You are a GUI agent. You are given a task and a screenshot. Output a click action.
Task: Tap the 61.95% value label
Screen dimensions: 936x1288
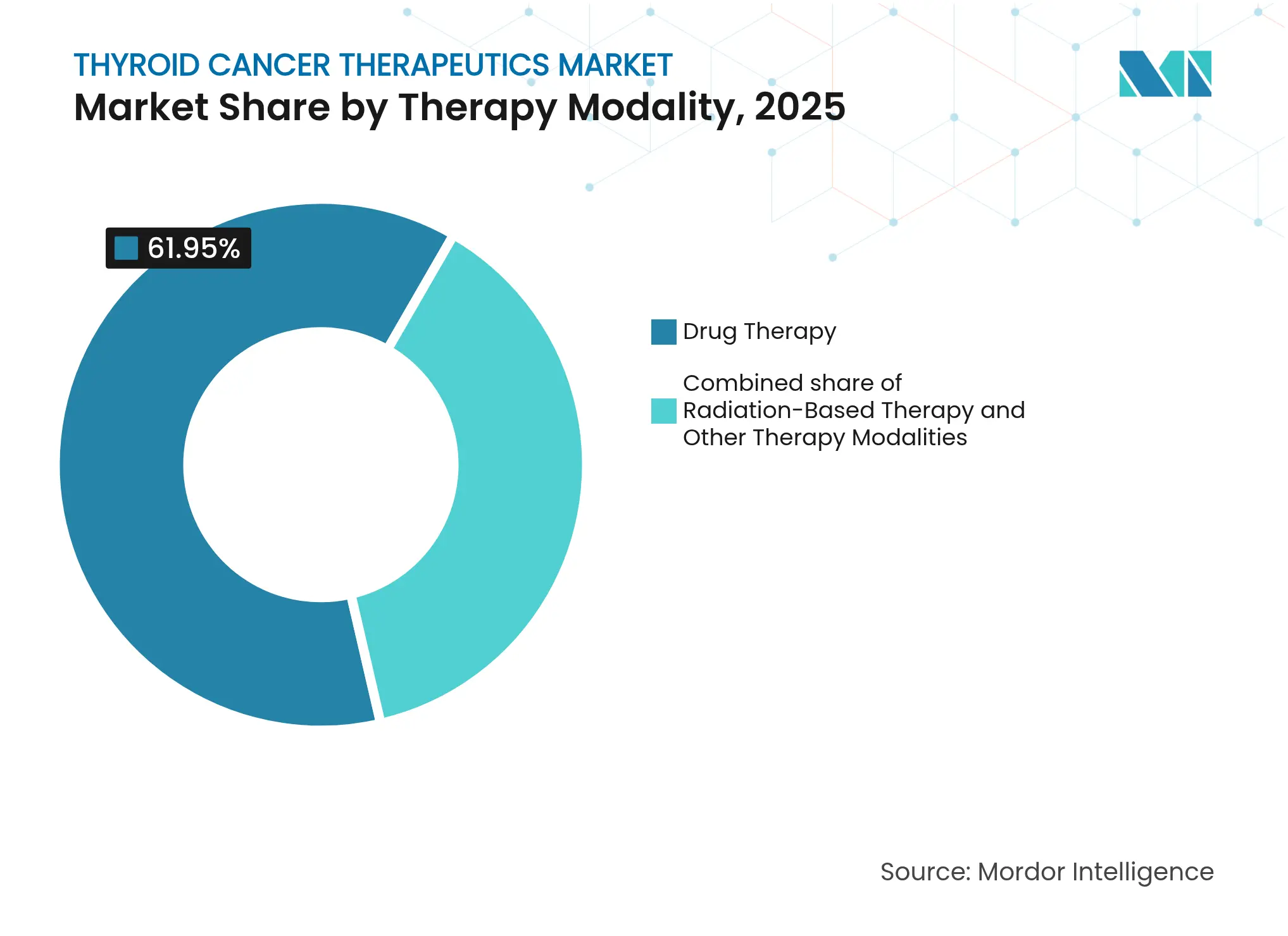(x=193, y=248)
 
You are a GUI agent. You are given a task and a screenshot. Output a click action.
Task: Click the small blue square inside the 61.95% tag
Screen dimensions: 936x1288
(x=126, y=248)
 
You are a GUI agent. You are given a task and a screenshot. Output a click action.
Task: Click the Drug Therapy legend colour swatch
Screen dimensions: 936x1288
(x=663, y=332)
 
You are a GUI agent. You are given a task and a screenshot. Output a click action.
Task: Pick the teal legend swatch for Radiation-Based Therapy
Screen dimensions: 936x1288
(x=663, y=410)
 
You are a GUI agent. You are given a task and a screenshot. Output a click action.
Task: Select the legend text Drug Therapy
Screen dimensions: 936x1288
(x=760, y=331)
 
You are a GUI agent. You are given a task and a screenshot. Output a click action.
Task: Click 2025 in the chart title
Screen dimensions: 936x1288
(x=799, y=107)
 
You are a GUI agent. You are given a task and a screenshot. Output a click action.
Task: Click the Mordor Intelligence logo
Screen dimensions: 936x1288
(x=1165, y=73)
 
